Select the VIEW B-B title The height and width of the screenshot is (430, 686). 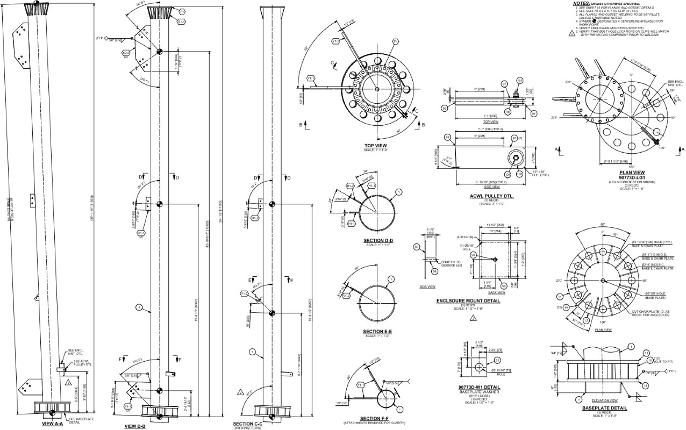point(135,426)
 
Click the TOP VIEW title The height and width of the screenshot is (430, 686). point(376,146)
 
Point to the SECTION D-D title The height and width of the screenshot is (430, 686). point(377,240)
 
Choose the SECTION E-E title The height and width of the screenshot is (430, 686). point(377,331)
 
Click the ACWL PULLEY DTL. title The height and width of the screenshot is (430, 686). point(491,197)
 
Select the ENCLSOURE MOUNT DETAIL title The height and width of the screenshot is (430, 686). point(468,301)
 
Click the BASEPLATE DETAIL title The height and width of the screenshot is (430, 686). point(604,408)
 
